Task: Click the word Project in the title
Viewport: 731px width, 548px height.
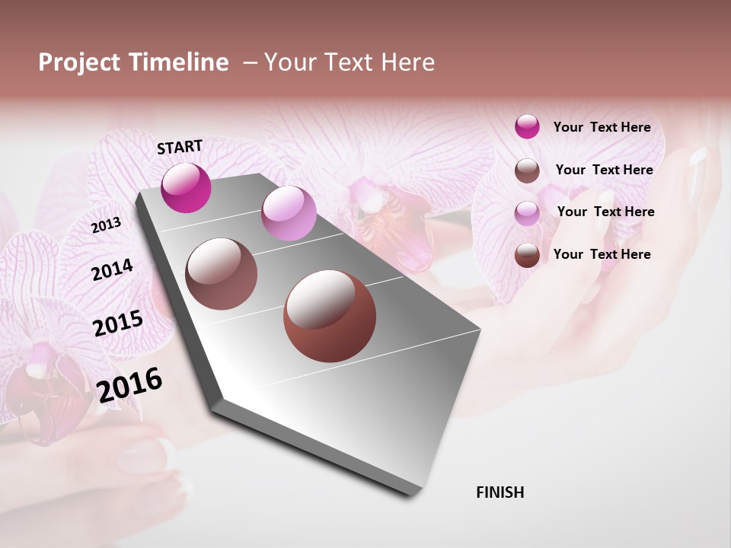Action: click(x=79, y=62)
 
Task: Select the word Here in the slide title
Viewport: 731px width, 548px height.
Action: click(x=407, y=62)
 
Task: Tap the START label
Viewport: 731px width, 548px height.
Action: click(x=180, y=147)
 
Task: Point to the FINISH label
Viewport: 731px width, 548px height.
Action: click(x=500, y=492)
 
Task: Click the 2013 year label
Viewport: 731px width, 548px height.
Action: click(x=106, y=225)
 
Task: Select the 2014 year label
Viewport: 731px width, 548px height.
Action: click(x=112, y=269)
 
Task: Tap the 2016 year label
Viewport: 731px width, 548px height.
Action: click(x=129, y=384)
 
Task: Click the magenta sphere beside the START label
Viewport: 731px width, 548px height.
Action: click(x=186, y=187)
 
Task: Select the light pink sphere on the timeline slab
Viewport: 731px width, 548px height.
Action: click(x=289, y=213)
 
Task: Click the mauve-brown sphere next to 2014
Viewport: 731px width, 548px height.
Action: click(x=222, y=274)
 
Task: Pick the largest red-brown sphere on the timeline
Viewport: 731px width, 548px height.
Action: click(x=330, y=317)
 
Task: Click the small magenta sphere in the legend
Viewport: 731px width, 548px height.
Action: click(x=527, y=126)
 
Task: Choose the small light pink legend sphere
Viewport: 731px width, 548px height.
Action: click(x=527, y=213)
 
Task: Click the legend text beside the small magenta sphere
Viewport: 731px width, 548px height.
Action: click(x=602, y=127)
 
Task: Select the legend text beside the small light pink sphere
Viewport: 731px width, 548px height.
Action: click(x=605, y=212)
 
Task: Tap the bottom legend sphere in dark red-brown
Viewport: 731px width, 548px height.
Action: click(x=527, y=255)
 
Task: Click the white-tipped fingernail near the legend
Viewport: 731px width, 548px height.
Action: click(x=697, y=157)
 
